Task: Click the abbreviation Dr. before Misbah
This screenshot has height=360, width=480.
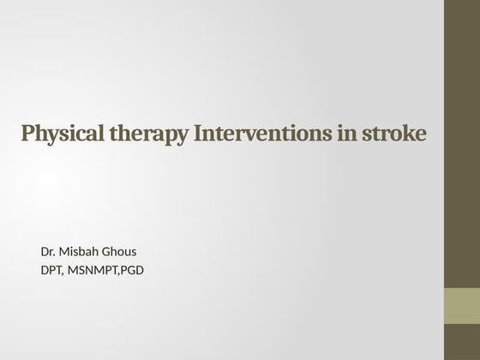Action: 47,251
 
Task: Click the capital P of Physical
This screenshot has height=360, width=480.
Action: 28,135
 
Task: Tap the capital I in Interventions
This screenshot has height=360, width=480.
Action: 201,135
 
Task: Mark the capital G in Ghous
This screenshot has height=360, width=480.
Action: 106,251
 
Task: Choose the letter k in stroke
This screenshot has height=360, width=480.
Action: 406,135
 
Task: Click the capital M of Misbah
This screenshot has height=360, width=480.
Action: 66,251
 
